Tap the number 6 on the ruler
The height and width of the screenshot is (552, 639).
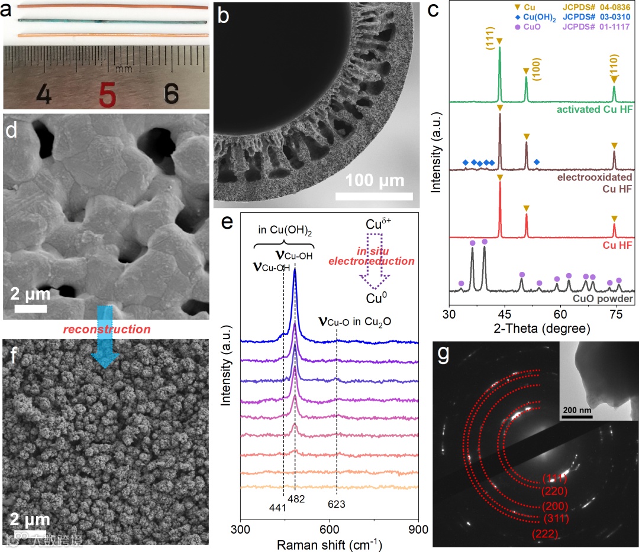(x=171, y=93)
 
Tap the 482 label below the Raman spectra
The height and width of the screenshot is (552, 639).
(x=296, y=499)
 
